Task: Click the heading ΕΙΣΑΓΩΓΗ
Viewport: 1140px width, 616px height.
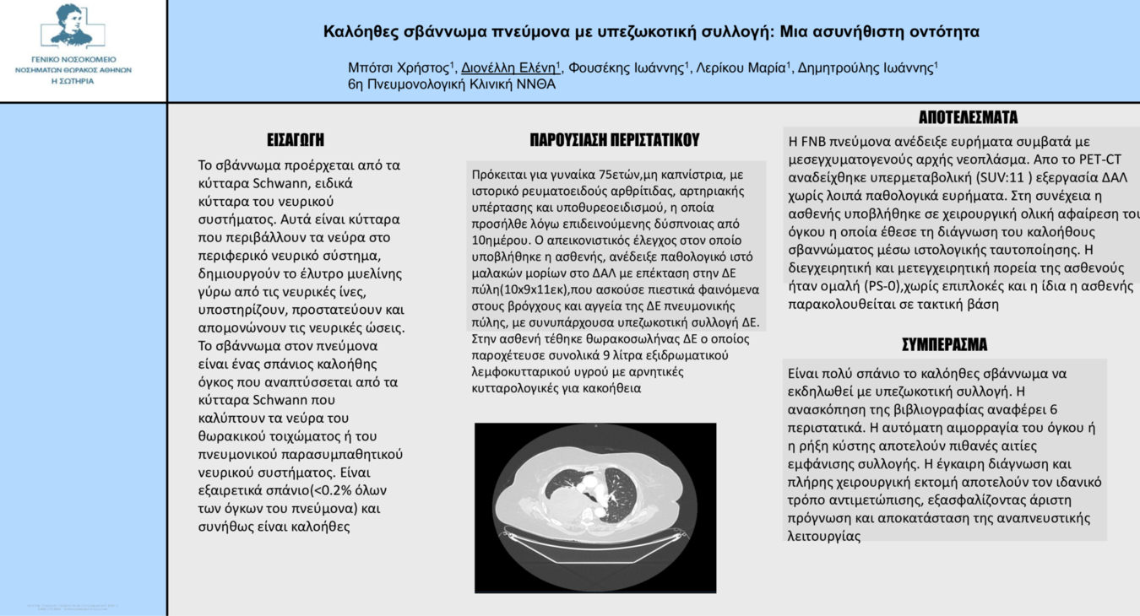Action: pos(296,140)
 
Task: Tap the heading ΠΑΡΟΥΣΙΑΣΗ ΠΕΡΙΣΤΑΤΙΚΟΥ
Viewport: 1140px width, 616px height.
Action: pos(614,140)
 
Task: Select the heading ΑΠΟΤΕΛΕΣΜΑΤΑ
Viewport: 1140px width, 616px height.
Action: pos(968,117)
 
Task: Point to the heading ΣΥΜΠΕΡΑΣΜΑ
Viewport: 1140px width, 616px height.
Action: pos(944,344)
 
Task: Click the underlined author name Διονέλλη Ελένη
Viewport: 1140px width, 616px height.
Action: pos(509,68)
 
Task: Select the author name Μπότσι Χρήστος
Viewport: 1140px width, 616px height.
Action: pos(399,68)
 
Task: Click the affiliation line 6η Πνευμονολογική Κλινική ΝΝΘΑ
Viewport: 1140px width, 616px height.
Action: pos(452,84)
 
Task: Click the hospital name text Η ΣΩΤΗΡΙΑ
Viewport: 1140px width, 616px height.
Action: pos(73,81)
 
